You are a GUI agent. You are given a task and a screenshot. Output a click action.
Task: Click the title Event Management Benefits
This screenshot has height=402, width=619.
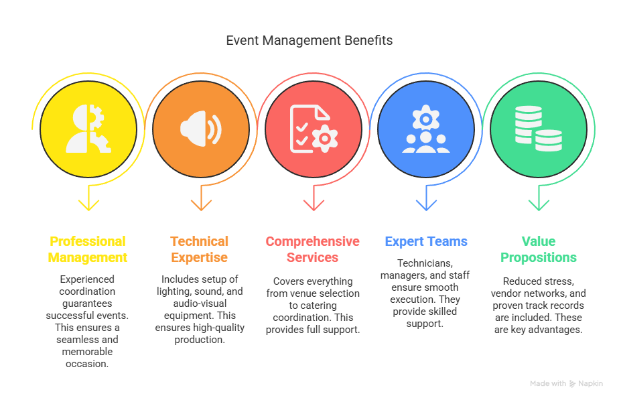(309, 40)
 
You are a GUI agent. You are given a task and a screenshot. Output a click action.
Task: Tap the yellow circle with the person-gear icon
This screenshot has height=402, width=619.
(88, 129)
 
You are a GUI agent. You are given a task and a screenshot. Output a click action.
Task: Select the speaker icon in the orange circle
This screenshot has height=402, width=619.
(201, 129)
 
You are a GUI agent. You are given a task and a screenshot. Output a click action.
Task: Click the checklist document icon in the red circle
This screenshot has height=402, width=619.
(314, 129)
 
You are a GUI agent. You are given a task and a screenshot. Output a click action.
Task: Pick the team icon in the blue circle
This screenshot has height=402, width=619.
(426, 129)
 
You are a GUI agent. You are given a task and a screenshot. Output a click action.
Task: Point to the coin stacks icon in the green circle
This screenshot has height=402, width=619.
(539, 129)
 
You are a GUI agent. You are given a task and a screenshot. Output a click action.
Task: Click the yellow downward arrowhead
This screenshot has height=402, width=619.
(88, 205)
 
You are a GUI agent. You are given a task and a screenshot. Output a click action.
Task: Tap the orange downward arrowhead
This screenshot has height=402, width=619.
(201, 205)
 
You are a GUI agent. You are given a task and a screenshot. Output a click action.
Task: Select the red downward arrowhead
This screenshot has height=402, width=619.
(314, 205)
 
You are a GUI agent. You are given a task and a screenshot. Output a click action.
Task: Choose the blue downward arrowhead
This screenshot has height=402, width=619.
(426, 205)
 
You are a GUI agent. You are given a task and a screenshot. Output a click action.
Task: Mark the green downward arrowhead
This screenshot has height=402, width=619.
(539, 205)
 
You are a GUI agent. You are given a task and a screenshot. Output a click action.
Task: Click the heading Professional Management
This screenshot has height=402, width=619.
(88, 249)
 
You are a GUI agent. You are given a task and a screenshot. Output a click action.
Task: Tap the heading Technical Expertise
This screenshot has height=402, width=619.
(200, 249)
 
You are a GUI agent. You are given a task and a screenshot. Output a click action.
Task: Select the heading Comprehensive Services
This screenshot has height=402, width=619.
(313, 249)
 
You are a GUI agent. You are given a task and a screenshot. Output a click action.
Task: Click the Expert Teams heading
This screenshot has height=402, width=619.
(426, 241)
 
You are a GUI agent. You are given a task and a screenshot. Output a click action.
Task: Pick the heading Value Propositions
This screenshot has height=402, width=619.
(539, 249)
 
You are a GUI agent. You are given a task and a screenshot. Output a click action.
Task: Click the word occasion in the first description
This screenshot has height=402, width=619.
(87, 364)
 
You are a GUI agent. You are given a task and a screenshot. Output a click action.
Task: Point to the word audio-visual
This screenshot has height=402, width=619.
(200, 304)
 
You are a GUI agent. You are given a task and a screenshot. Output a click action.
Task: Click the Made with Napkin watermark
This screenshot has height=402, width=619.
(567, 383)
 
